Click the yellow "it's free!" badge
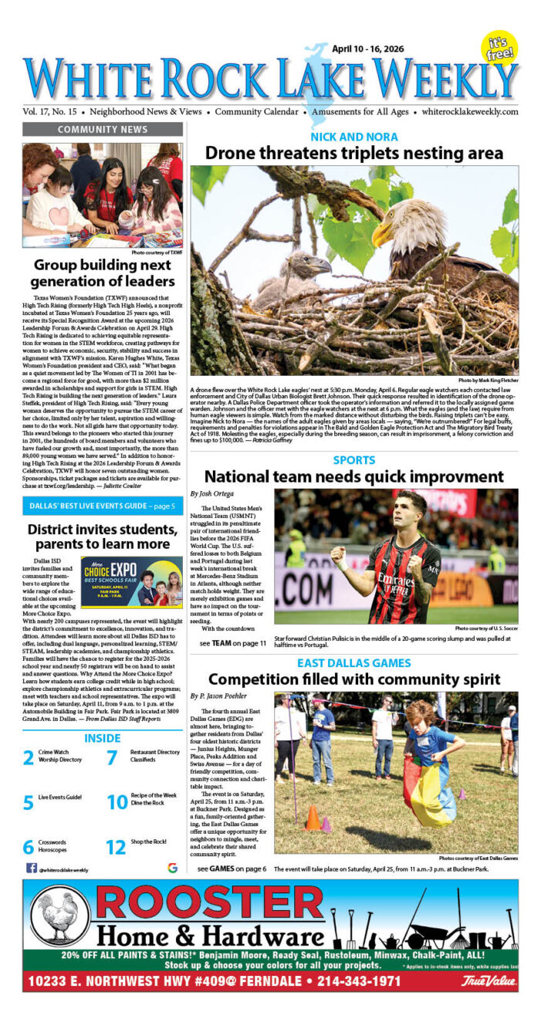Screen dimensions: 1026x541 pyautogui.click(x=499, y=48)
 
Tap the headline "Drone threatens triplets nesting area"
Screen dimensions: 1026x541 pyautogui.click(x=354, y=154)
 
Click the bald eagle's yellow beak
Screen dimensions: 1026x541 pyautogui.click(x=384, y=234)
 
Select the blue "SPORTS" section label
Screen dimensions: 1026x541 pyautogui.click(x=353, y=460)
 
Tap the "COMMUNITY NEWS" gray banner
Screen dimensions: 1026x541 pyautogui.click(x=102, y=130)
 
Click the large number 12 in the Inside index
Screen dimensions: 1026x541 pyautogui.click(x=115, y=847)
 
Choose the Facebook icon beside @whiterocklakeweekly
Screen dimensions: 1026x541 pyautogui.click(x=32, y=868)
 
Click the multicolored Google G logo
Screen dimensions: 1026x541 pyautogui.click(x=171, y=868)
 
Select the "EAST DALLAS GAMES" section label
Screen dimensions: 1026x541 pyautogui.click(x=353, y=662)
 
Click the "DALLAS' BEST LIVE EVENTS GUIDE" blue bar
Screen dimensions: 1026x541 pyautogui.click(x=102, y=506)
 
